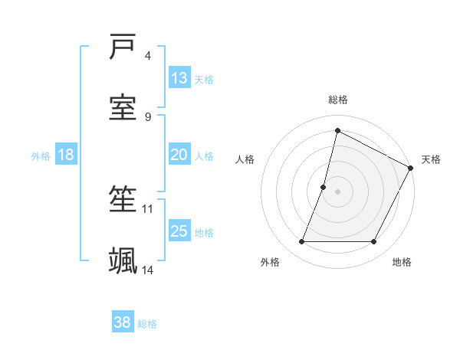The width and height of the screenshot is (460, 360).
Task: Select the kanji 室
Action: pos(123,107)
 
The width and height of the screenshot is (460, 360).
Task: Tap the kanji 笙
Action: pos(123,201)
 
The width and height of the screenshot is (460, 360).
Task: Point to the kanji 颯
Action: pos(123,260)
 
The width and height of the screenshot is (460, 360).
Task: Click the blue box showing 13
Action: pos(179,78)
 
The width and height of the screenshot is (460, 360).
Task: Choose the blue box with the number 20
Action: pos(179,155)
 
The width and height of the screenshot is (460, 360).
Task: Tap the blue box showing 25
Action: pos(179,231)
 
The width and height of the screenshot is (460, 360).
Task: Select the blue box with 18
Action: pos(66,155)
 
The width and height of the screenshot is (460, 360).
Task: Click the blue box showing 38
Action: pos(123,322)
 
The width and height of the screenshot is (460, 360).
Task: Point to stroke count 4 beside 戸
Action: pos(148,56)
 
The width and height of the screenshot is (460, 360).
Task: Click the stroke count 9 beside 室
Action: pos(148,116)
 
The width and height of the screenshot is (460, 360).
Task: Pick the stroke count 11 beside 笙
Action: pos(148,208)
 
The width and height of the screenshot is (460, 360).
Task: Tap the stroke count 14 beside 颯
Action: pos(148,270)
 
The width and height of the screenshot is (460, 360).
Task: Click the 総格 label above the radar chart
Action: pos(338,100)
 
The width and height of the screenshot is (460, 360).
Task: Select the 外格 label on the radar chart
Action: pos(270,262)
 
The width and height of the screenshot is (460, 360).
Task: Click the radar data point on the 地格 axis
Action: pos(374,242)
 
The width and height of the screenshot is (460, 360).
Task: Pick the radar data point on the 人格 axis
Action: pos(324,187)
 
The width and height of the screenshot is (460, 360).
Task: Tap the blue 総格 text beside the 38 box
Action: pos(147,324)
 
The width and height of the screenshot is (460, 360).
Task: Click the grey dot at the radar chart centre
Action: pos(338,191)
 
